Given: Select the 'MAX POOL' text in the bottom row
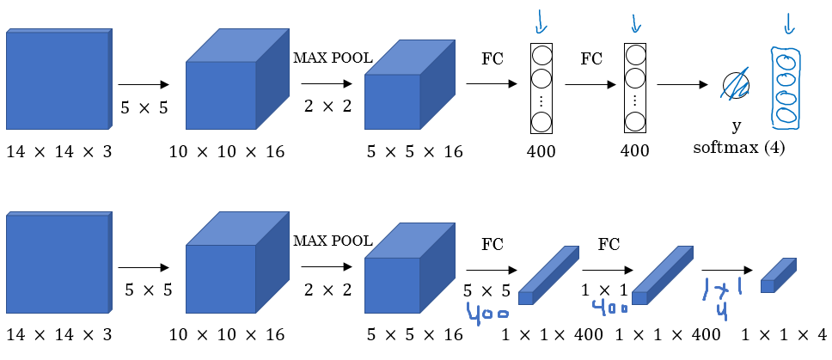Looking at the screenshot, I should coord(333,241).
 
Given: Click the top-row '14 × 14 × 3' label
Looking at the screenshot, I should coord(58,152).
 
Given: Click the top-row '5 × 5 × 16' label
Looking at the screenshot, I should coord(414,152).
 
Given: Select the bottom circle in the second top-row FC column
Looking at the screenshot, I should coord(633,121).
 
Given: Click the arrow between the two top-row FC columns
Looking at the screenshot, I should coord(590,85).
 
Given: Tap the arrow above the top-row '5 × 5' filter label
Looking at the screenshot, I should coord(143,85).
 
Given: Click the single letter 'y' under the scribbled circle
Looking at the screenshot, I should coord(737,125).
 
